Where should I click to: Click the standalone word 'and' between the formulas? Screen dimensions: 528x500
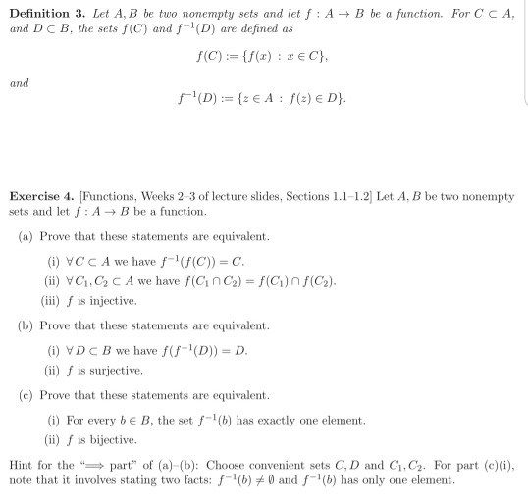pos(19,83)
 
